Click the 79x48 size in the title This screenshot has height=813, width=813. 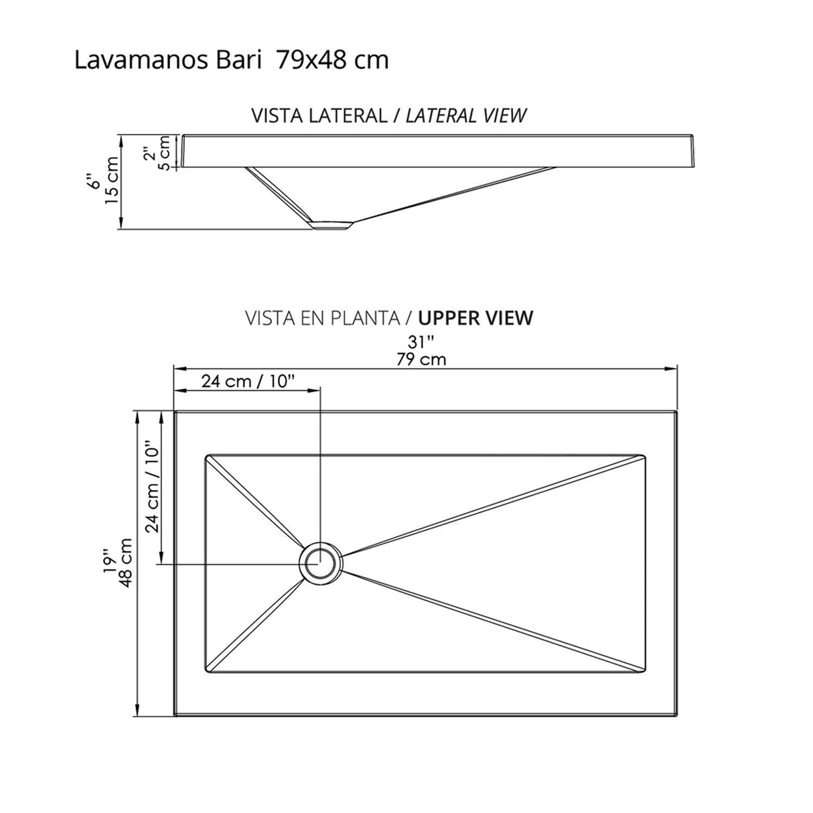[x=311, y=60]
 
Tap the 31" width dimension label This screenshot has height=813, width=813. [x=418, y=342]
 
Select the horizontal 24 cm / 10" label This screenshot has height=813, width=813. [x=248, y=381]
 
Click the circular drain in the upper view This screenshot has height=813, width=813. [x=320, y=563]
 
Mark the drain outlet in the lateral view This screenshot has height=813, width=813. [x=331, y=225]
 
